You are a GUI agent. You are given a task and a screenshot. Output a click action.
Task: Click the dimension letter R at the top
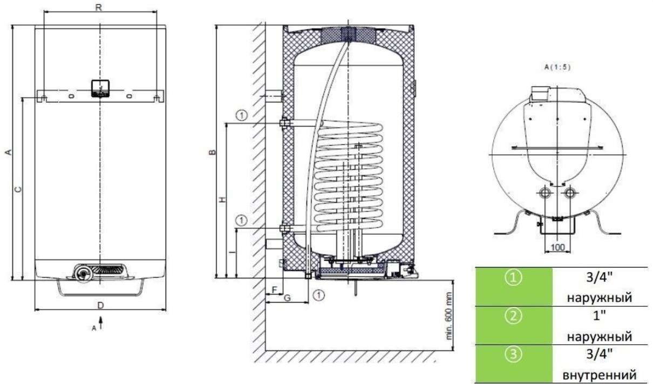coord(99,8)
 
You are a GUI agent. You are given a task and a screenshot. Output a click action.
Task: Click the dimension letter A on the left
coord(9,152)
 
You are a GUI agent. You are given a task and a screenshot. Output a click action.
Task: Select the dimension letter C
coord(18,190)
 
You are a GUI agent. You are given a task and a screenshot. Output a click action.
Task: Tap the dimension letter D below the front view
coord(100,305)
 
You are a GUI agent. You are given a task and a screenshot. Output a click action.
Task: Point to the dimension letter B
coord(213,152)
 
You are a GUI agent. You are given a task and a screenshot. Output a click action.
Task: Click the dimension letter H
coord(222,200)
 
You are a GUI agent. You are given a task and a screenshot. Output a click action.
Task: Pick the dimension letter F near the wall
coord(274,290)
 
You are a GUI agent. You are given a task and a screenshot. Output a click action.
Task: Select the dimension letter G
coord(287,298)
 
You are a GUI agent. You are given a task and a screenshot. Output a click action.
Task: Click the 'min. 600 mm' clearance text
coord(449,316)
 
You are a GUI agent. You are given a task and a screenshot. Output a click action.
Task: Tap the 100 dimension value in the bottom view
coord(557,248)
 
